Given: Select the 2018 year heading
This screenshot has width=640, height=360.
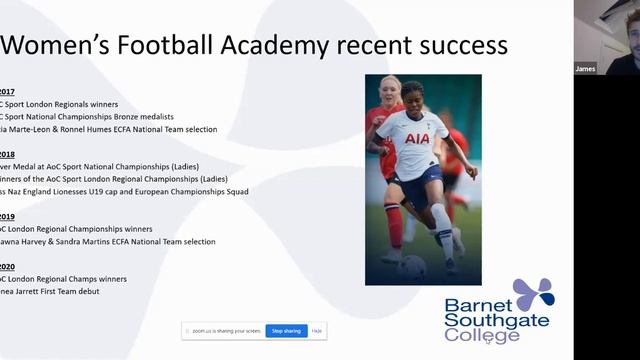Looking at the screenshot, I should pyautogui.click(x=7, y=154).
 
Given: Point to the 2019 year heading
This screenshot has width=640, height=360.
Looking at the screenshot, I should pyautogui.click(x=7, y=216).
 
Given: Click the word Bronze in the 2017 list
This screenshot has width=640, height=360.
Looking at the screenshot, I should pyautogui.click(x=149, y=116).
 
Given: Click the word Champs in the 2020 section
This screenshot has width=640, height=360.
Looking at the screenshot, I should pyautogui.click(x=82, y=279).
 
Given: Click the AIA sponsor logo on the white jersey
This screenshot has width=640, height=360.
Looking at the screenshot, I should pyautogui.click(x=417, y=139).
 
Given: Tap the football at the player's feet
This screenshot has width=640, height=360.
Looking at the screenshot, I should pyautogui.click(x=412, y=267).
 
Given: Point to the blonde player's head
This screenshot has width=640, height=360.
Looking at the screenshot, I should pyautogui.click(x=390, y=89).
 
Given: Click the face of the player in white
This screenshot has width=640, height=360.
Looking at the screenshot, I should pyautogui.click(x=414, y=100).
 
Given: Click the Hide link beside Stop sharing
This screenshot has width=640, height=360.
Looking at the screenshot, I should pyautogui.click(x=317, y=330).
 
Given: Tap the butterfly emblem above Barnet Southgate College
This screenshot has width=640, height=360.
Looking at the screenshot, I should pyautogui.click(x=534, y=295).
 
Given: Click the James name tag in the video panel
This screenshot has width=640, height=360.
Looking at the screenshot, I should pyautogui.click(x=586, y=69).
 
